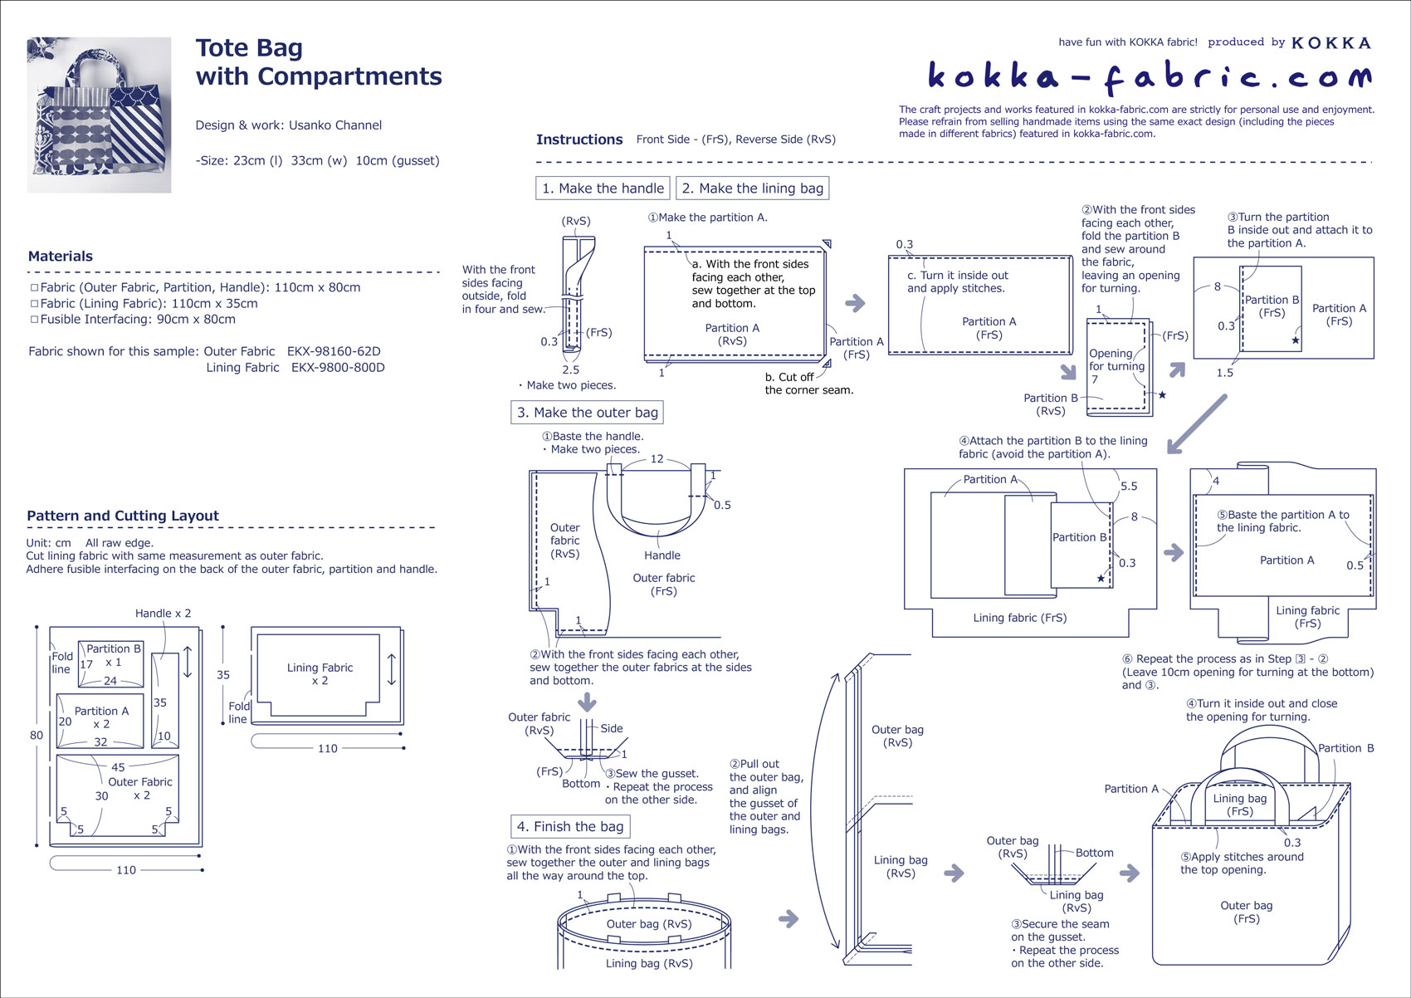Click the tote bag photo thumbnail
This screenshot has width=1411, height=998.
tap(99, 115)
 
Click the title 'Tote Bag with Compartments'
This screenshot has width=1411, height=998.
tap(318, 62)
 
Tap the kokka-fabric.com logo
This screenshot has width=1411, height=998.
tap(1149, 77)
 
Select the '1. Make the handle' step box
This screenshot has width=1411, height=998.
tap(603, 188)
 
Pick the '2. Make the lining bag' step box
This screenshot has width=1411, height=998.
tap(752, 188)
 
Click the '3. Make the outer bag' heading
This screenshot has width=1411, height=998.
tap(587, 413)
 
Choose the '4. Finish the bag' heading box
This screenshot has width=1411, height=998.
tap(569, 826)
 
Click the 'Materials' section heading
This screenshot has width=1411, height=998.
tap(61, 257)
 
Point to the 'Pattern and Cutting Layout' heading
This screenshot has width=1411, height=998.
tap(123, 516)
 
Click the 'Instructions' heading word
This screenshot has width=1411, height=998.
tap(579, 139)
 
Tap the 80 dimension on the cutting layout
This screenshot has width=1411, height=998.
tap(37, 735)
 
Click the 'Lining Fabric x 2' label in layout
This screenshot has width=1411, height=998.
tap(320, 673)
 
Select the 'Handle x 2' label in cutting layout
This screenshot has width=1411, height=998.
tap(163, 614)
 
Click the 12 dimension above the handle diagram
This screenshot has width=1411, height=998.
tap(657, 459)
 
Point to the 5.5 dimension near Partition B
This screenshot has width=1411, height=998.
tap(1129, 487)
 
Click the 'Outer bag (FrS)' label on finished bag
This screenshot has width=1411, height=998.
tap(1246, 912)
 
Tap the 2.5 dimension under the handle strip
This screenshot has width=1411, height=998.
tap(570, 370)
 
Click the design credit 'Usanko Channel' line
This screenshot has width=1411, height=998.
tap(289, 125)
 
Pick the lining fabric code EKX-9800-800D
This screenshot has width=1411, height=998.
tap(338, 368)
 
